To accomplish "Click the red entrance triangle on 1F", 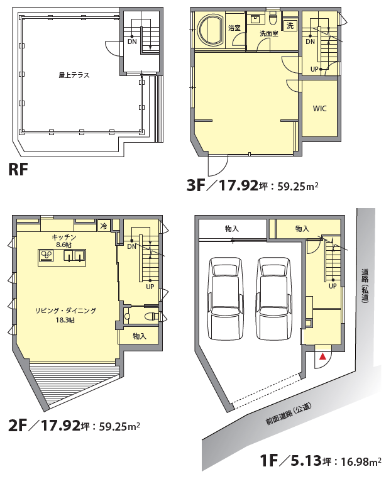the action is (x=323, y=356).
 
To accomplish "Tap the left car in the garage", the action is (x=226, y=299).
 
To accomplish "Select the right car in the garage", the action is (x=274, y=299).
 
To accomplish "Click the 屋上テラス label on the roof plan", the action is (x=74, y=75).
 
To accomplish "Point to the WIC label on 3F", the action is (x=319, y=109).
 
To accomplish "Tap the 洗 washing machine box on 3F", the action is (x=290, y=26).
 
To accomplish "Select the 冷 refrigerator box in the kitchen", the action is (x=104, y=226).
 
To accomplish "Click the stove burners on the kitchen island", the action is (x=47, y=256).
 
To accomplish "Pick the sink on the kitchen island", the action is (x=74, y=256).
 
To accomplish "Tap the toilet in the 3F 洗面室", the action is (x=272, y=18).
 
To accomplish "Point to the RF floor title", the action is (x=18, y=169).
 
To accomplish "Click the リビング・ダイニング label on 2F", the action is (x=65, y=311).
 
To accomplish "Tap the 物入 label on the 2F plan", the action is (x=140, y=336).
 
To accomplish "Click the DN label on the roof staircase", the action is (x=132, y=41).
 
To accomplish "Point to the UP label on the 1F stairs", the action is (x=333, y=286).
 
